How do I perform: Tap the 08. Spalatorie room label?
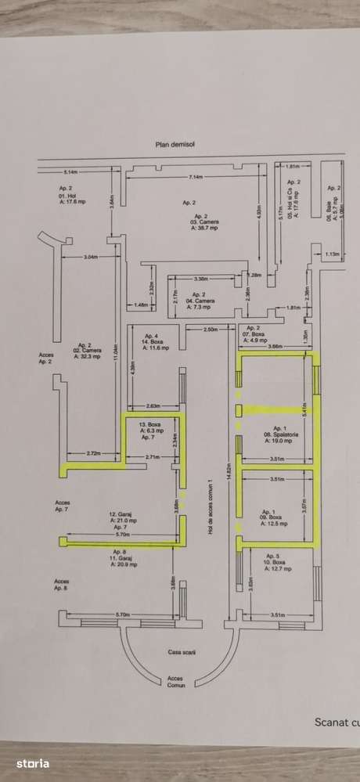pyautogui.click(x=279, y=435)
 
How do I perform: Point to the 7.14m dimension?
pyautogui.click(x=196, y=177)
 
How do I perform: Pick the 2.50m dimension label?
pyautogui.click(x=211, y=330)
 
